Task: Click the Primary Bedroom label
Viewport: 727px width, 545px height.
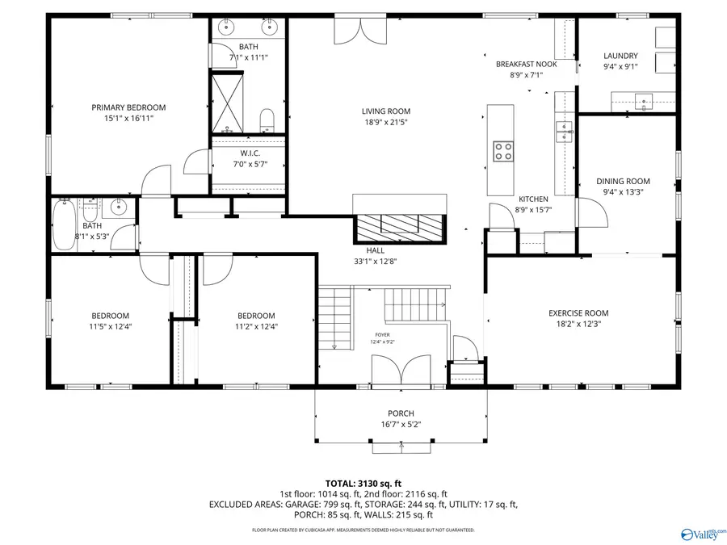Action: click(x=128, y=107)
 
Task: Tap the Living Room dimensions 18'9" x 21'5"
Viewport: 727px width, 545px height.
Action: click(x=385, y=123)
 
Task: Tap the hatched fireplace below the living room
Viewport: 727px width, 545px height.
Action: click(x=399, y=225)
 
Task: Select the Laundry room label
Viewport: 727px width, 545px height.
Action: click(x=620, y=56)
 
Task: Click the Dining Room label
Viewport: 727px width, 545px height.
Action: click(x=623, y=181)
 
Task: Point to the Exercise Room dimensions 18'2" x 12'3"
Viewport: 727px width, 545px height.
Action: click(x=578, y=324)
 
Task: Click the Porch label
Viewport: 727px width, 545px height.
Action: click(x=401, y=413)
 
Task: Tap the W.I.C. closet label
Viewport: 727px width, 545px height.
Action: click(x=249, y=153)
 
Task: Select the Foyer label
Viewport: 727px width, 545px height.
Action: click(x=382, y=334)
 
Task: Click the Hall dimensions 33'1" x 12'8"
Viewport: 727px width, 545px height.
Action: click(x=374, y=261)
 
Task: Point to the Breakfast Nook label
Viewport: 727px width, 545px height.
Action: click(x=526, y=64)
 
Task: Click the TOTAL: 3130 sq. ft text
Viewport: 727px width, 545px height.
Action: click(x=363, y=482)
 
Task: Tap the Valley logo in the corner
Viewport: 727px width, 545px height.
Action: click(x=700, y=534)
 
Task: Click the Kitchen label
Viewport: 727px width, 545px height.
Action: click(x=533, y=199)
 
